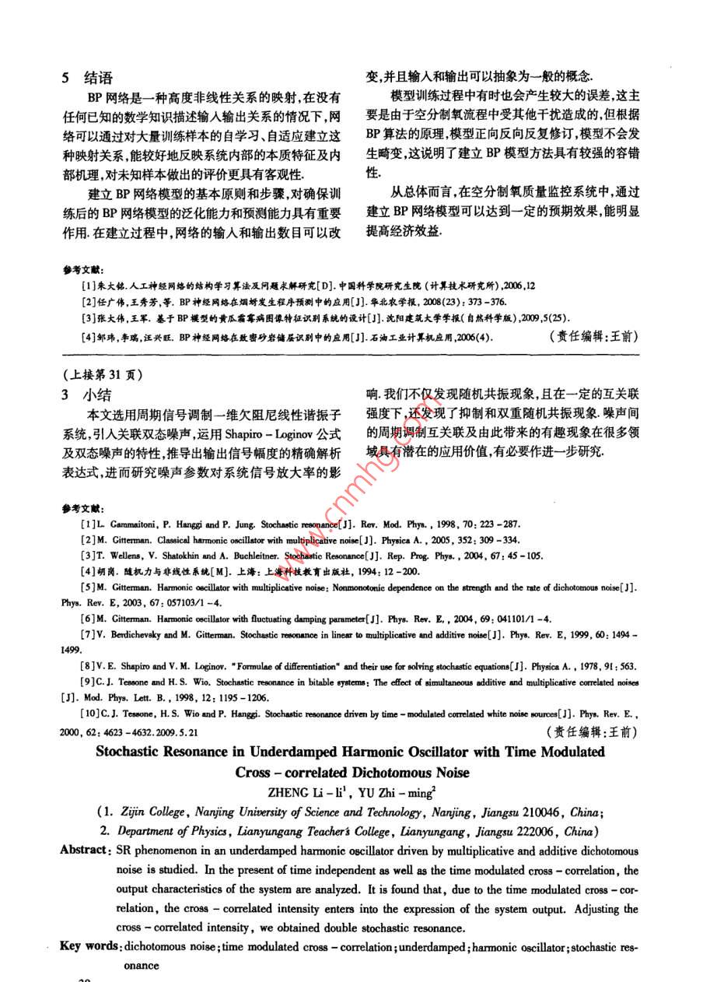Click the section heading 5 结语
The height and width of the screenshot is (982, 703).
[x=87, y=78]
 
